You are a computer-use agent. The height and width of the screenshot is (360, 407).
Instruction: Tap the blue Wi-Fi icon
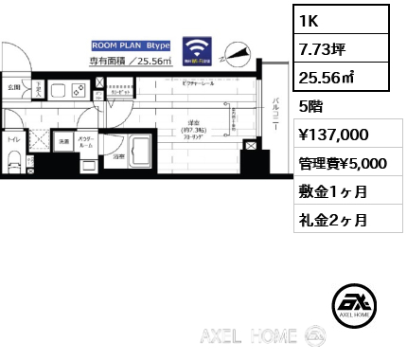(x=199, y=49)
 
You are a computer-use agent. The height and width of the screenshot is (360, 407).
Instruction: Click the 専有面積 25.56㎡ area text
(x=131, y=62)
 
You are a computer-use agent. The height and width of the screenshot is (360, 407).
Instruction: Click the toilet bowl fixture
(x=13, y=162)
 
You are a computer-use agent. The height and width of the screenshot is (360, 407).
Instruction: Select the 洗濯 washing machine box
(x=63, y=144)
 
